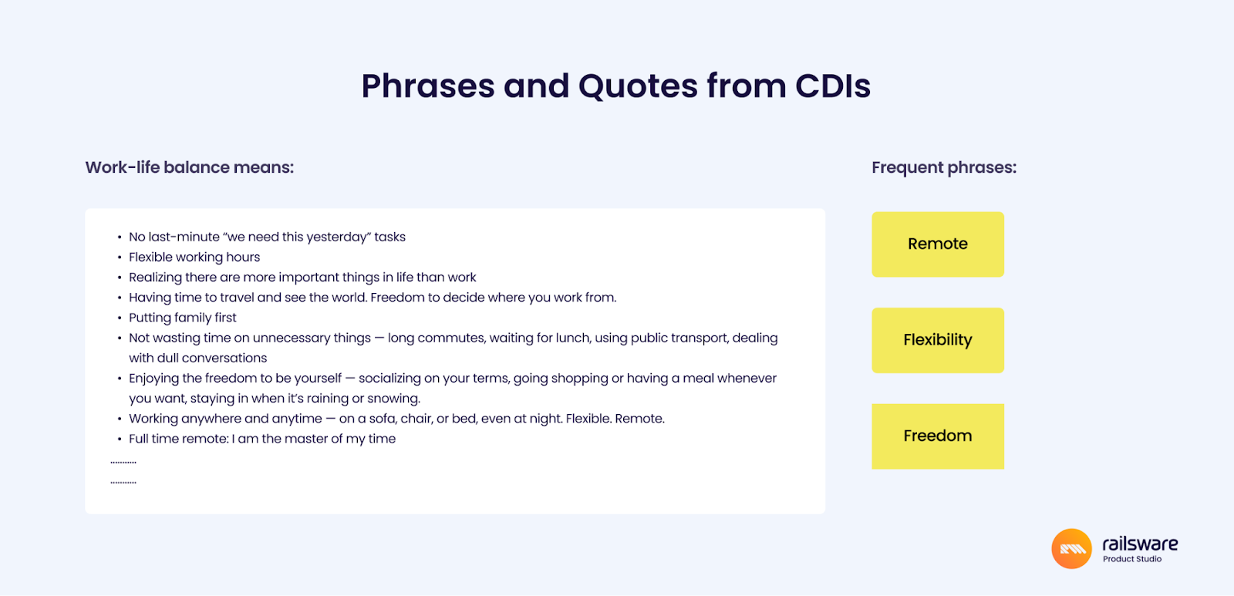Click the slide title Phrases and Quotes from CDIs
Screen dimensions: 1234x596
pos(616,86)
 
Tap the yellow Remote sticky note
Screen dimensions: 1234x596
pos(938,244)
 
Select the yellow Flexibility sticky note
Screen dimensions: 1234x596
pos(938,340)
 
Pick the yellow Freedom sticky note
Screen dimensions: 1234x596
pos(938,436)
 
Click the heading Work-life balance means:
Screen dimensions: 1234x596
pos(190,167)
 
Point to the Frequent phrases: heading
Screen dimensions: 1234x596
pos(944,167)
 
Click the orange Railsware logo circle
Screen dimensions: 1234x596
pos(1071,549)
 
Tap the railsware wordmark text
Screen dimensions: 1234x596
pos(1140,544)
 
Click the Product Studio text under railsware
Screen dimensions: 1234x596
pos(1132,559)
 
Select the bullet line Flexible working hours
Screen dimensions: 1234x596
pos(194,258)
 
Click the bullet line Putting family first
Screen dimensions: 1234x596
pos(182,318)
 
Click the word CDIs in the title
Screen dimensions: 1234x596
pos(832,86)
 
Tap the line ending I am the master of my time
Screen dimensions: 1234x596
pos(262,439)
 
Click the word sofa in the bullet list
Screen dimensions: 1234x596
pos(381,419)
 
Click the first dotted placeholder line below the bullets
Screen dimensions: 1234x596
pos(123,463)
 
